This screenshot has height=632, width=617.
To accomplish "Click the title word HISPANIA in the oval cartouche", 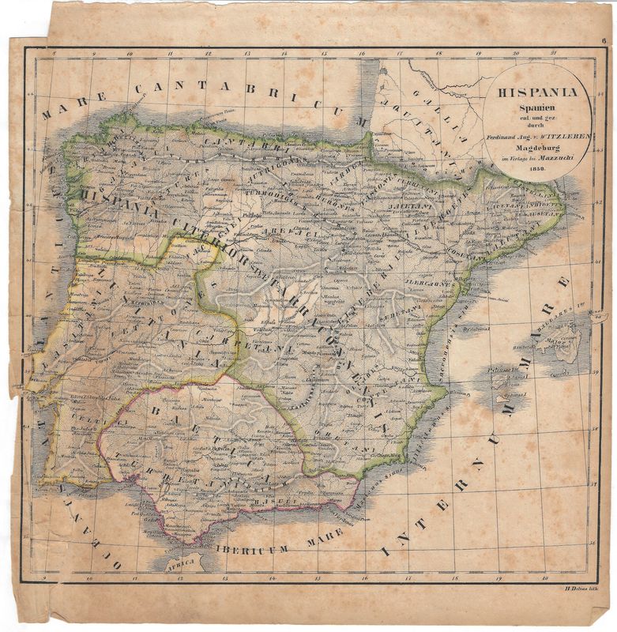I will [537, 92].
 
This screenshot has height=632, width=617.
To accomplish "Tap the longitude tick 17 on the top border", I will [400, 55].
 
